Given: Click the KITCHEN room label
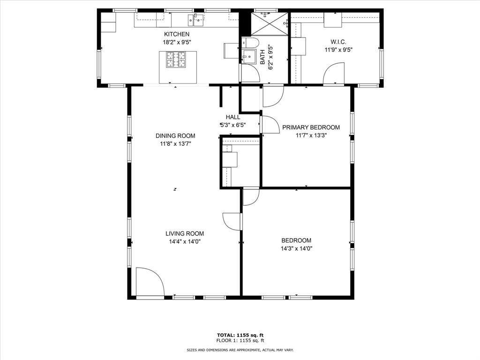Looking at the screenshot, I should click(x=177, y=34).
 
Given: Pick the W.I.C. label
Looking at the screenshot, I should click(x=338, y=41).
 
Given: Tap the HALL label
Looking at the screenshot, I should click(x=233, y=117).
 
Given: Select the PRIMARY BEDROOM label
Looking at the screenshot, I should click(x=311, y=127).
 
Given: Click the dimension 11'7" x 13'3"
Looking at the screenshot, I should click(x=311, y=135).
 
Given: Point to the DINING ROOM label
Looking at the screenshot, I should click(x=175, y=136).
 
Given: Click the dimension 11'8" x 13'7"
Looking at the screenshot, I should click(x=175, y=144).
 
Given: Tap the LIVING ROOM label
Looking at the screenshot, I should click(x=184, y=233).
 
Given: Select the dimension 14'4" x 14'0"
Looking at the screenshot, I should click(x=184, y=241).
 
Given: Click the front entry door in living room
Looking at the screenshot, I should click(x=149, y=282).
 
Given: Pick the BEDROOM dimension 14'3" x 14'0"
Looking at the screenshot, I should click(x=296, y=249).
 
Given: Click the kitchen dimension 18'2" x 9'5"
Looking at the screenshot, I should click(x=177, y=42).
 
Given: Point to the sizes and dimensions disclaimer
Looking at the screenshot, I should click(x=240, y=350).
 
